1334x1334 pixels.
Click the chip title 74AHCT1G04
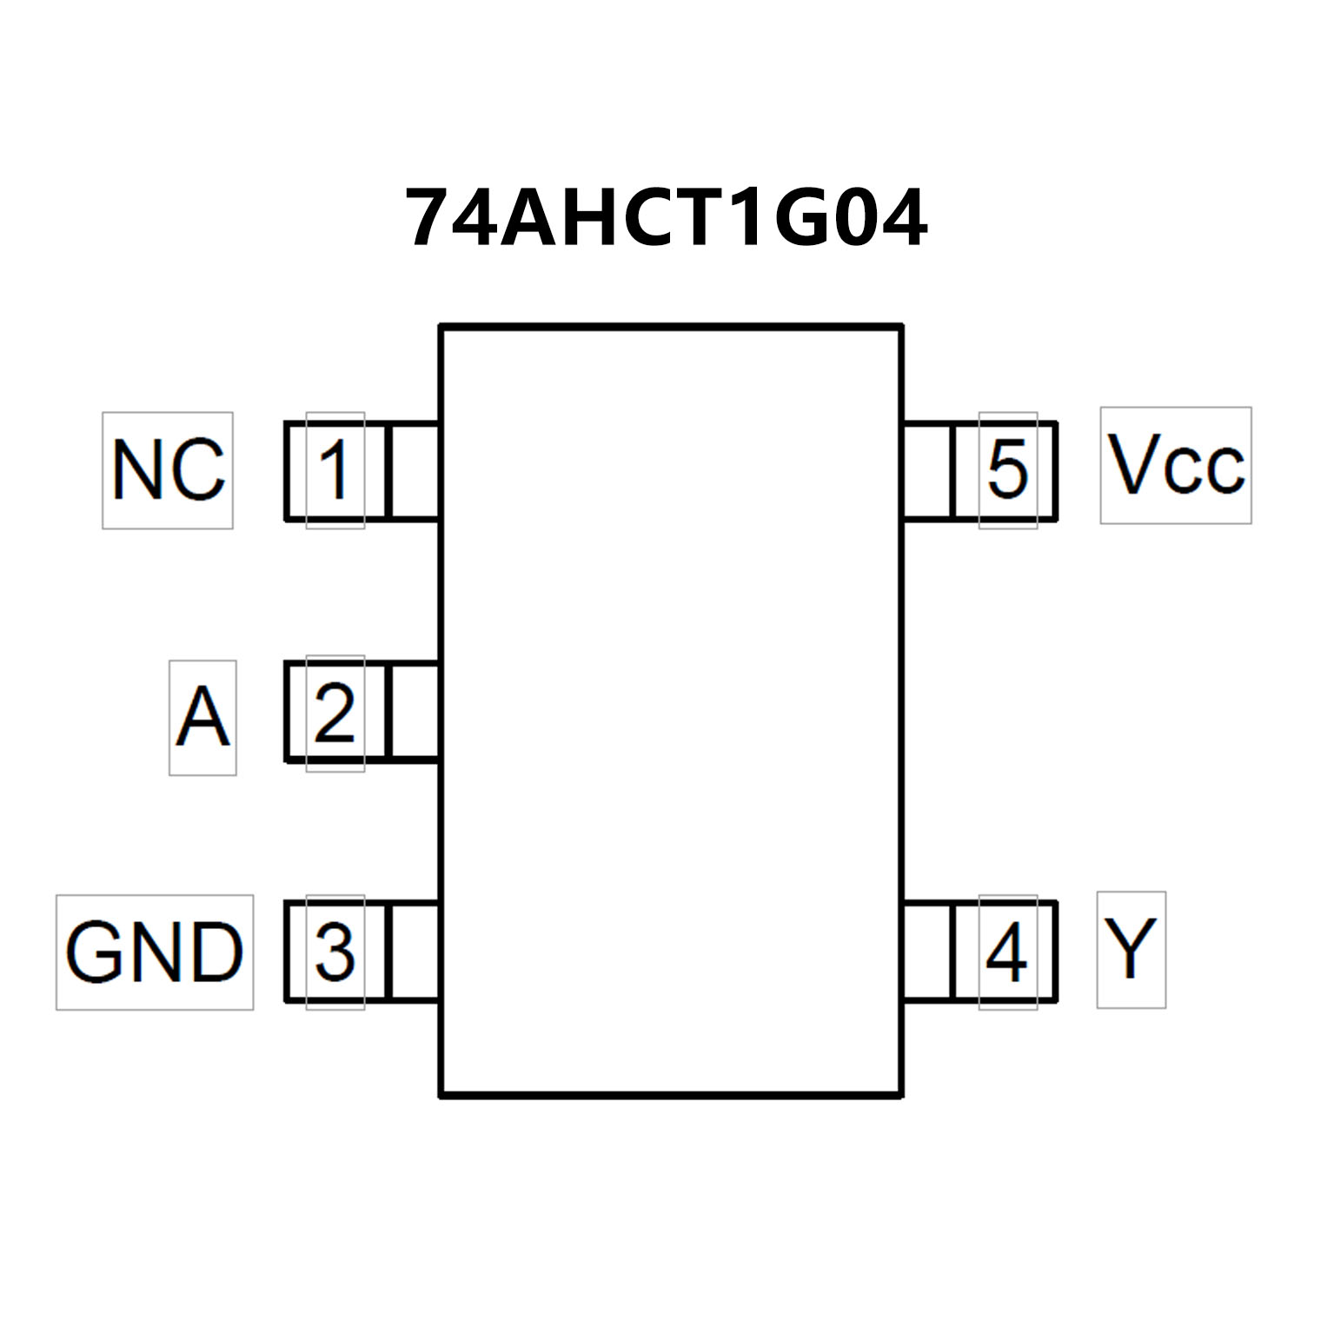(667, 218)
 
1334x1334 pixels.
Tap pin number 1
(335, 470)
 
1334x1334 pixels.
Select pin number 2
(335, 713)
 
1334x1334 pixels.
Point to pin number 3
(335, 952)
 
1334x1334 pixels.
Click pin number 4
(1007, 952)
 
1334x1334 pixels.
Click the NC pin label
(168, 470)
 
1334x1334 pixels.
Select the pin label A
(202, 717)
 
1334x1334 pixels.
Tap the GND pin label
(155, 952)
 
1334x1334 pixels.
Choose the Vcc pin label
(1175, 465)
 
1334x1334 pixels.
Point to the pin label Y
(1130, 949)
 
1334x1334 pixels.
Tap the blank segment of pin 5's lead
(928, 471)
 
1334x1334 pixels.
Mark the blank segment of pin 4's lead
(928, 952)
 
